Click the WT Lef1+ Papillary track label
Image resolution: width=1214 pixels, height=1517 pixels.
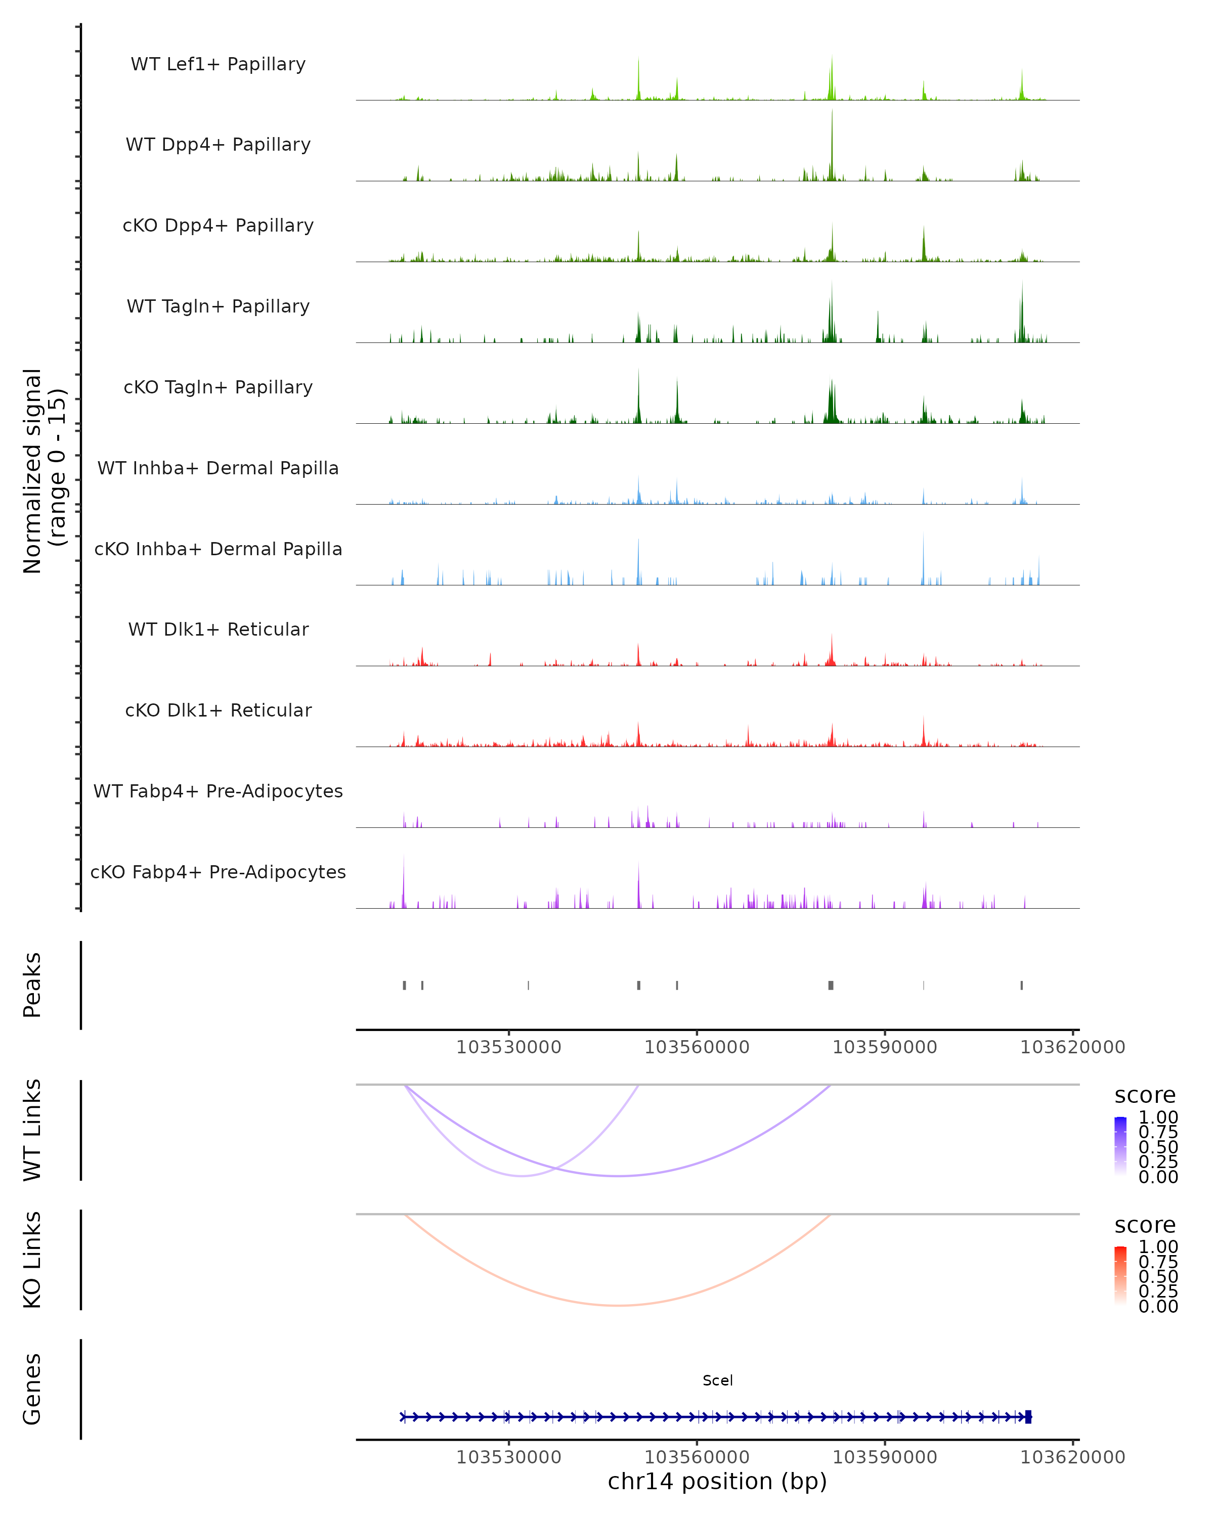point(218,64)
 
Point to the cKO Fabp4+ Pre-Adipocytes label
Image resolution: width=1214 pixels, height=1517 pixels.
point(218,872)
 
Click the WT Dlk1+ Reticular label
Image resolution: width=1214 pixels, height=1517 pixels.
point(218,629)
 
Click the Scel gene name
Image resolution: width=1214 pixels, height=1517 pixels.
point(717,1380)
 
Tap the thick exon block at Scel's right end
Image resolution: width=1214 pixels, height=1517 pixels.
point(1028,1416)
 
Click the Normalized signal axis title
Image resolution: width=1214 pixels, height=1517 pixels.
point(44,471)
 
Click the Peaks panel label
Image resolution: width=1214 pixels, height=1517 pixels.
point(32,985)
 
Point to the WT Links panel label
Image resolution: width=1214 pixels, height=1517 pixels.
point(32,1130)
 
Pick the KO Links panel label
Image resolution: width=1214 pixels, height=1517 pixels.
point(32,1260)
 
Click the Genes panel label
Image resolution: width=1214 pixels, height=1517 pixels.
point(32,1389)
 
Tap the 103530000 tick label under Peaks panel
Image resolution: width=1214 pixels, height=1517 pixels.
point(509,1047)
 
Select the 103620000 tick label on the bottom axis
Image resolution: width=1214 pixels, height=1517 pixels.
point(1072,1457)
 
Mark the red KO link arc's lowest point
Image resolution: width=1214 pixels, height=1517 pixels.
point(617,1305)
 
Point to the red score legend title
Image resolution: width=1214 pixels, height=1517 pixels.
point(1145,1225)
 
